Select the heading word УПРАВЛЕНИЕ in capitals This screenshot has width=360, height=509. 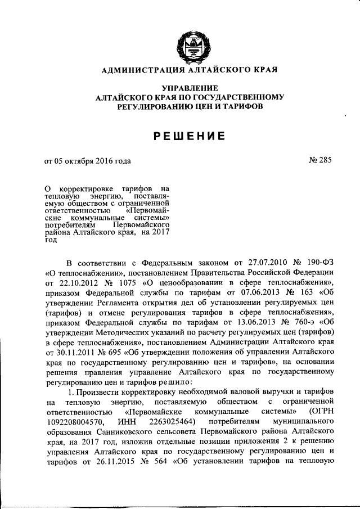(190, 88)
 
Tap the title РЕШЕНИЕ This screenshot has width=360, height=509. (190, 136)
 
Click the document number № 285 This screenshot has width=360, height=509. (320, 160)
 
